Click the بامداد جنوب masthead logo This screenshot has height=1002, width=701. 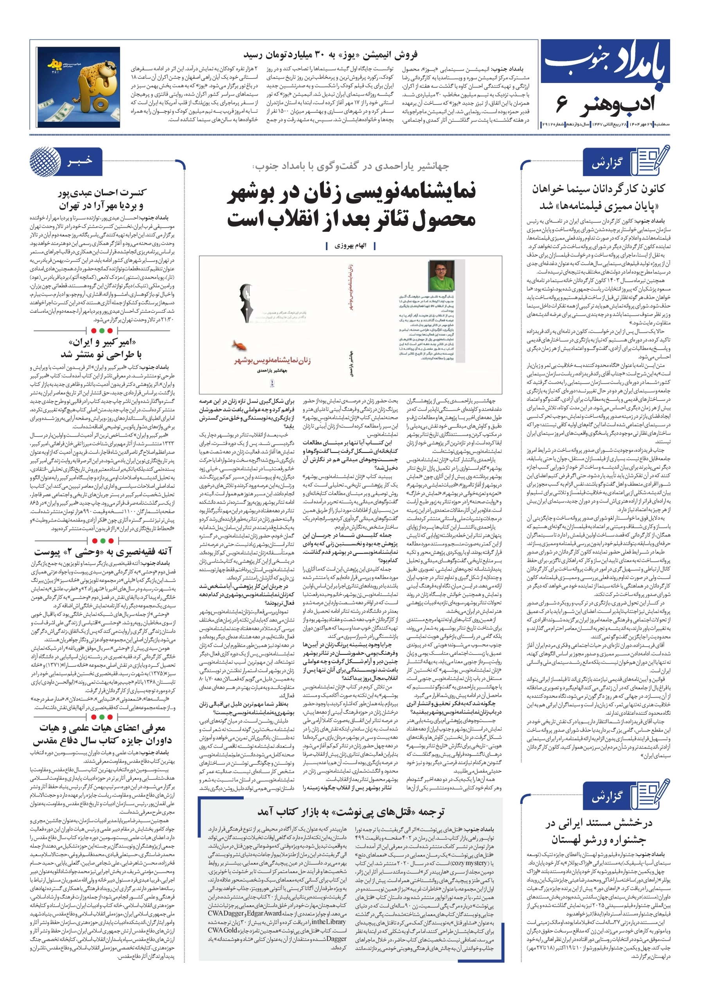606,65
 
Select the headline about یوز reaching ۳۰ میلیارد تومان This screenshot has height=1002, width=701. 330,55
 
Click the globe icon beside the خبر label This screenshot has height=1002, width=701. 45,163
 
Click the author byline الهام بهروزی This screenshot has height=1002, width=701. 350,246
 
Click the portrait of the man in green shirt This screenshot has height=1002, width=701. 441,276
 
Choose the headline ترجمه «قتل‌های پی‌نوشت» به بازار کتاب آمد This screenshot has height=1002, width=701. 351,812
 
